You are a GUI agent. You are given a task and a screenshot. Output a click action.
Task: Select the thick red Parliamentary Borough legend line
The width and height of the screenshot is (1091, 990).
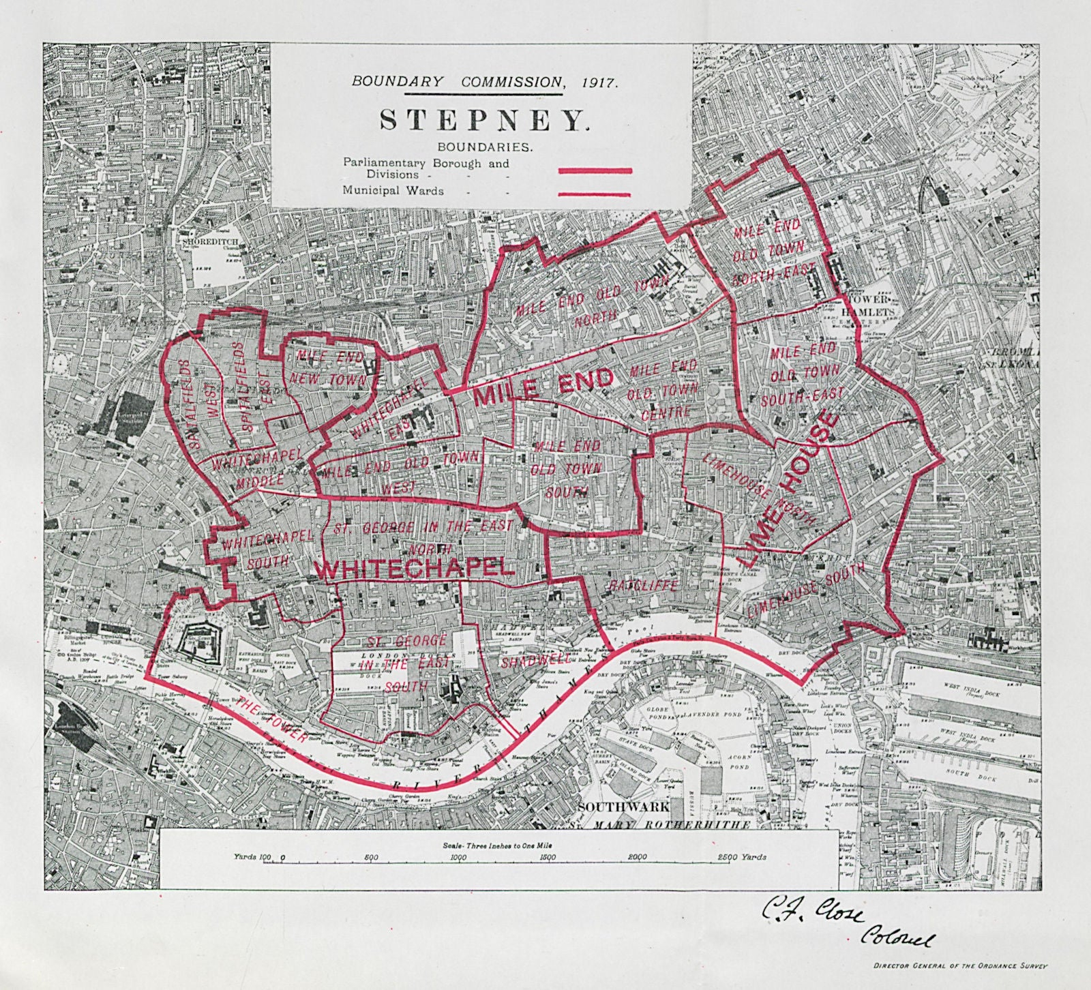pos(595,172)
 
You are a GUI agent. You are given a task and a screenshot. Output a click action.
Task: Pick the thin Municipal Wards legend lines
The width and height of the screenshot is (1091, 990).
pos(594,194)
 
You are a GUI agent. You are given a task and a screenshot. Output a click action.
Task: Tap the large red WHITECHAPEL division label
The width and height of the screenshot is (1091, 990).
pos(415,569)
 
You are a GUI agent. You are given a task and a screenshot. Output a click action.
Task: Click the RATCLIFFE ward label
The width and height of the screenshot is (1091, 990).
pos(643,586)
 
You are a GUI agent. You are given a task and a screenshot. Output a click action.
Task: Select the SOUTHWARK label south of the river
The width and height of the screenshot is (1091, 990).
pos(622,806)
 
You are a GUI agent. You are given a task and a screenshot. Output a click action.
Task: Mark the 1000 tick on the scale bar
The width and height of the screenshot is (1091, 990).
pos(459,858)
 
